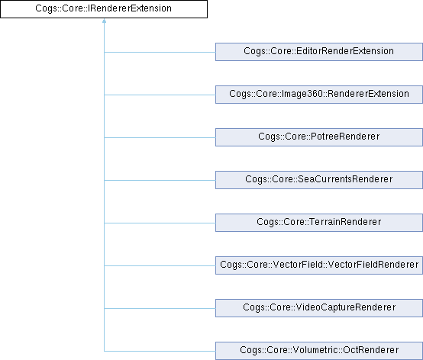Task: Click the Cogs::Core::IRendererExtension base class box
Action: pos(104,9)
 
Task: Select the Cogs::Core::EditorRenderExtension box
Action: pos(319,52)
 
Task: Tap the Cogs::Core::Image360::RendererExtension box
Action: pos(319,95)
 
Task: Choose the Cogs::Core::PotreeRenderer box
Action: pos(319,137)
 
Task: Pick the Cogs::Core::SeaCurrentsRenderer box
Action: pos(319,180)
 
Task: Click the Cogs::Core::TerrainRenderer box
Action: pos(319,223)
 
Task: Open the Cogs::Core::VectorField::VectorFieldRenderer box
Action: pos(319,265)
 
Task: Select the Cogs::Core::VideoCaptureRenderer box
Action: pos(319,308)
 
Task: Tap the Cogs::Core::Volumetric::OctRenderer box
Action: pos(319,351)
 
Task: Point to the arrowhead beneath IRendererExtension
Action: pos(104,21)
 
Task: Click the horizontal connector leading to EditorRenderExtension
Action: pos(160,52)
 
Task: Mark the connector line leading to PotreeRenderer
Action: pos(160,137)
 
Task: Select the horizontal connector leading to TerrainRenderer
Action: pos(160,223)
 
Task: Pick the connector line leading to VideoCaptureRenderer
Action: pos(160,308)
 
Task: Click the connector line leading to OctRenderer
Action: pos(160,351)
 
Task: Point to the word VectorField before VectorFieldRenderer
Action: pos(297,265)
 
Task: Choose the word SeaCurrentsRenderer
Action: pos(345,179)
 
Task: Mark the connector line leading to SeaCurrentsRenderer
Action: pos(160,180)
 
